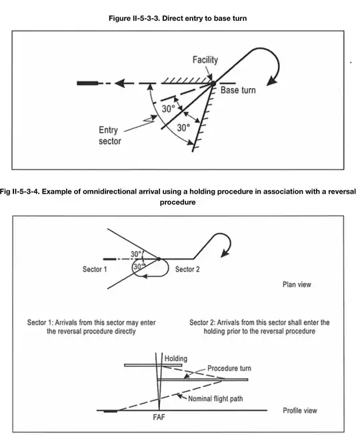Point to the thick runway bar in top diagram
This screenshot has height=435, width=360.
(87, 83)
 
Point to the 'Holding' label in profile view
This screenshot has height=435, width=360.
(177, 358)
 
